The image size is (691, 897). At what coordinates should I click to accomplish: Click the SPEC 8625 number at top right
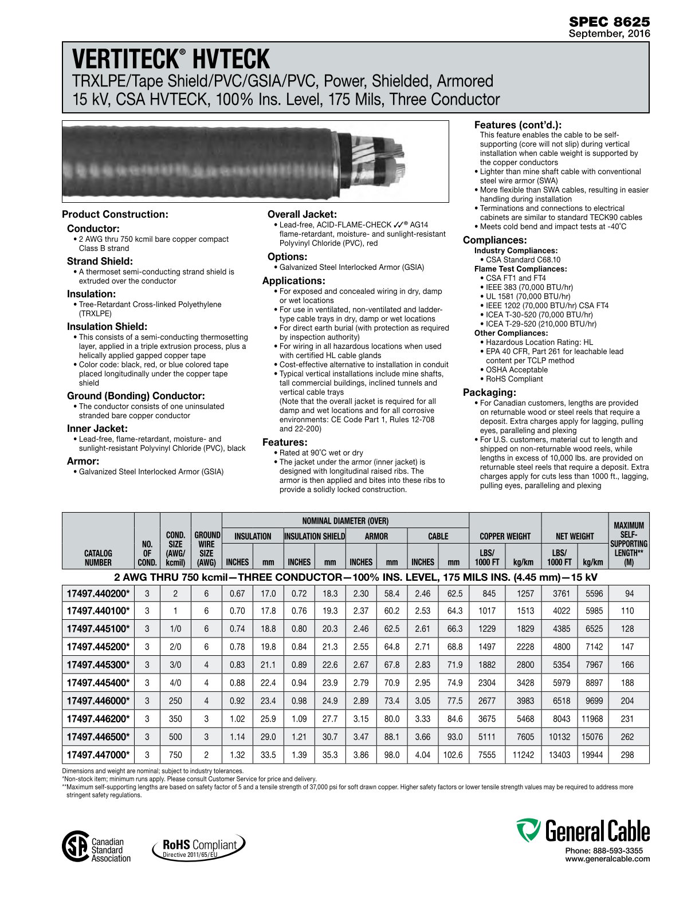click(x=609, y=22)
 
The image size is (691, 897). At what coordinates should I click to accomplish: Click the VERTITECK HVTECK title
click(x=171, y=60)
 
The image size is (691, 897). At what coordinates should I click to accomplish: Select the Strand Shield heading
click(x=100, y=261)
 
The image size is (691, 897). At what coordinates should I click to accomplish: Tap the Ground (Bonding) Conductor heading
click(x=136, y=396)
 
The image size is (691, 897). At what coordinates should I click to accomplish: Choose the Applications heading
click(x=293, y=281)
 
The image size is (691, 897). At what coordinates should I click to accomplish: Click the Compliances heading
click(x=494, y=240)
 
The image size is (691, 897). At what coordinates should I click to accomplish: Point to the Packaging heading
click(x=489, y=392)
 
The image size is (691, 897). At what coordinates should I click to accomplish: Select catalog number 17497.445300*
click(x=98, y=664)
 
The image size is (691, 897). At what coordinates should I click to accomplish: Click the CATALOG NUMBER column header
click(x=98, y=557)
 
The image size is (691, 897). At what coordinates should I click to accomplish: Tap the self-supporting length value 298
click(x=627, y=755)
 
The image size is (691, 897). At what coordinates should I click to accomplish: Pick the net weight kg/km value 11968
click(x=592, y=719)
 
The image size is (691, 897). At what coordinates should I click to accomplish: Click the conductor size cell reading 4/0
click(x=175, y=683)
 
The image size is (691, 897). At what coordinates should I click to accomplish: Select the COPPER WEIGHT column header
click(x=505, y=536)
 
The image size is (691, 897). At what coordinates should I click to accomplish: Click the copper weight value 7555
click(x=486, y=755)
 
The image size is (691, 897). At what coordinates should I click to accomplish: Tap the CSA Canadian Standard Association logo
click(x=96, y=849)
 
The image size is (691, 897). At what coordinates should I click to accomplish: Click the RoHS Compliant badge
click(x=199, y=847)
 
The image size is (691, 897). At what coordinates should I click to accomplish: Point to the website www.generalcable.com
click(x=607, y=859)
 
